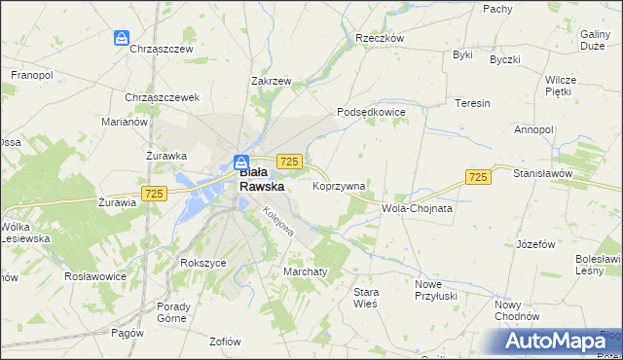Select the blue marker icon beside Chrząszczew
121,38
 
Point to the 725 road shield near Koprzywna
288,162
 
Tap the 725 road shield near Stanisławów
477,176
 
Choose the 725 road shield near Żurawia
152,194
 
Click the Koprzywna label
339,185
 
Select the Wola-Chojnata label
418,208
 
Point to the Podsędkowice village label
371,112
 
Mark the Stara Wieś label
365,297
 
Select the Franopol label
31,74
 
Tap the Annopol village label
533,129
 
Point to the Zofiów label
225,341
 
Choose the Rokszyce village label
202,263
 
